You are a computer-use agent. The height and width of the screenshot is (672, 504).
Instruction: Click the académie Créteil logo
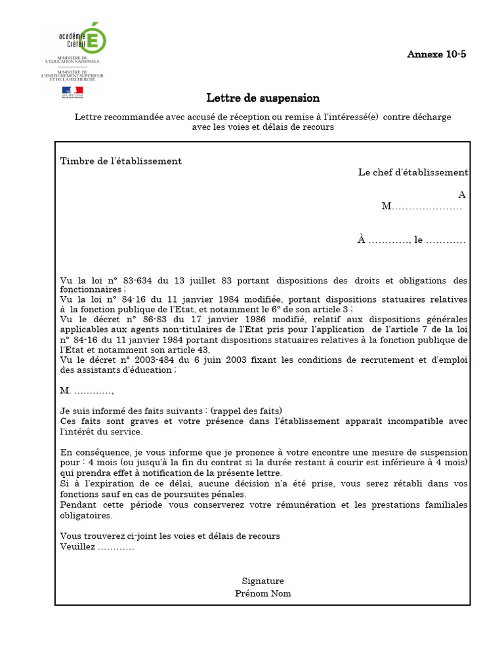pyautogui.click(x=82, y=38)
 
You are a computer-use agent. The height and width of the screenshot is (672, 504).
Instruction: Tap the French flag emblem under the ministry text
pyautogui.click(x=72, y=91)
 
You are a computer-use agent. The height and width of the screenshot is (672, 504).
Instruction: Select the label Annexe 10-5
pyautogui.click(x=436, y=54)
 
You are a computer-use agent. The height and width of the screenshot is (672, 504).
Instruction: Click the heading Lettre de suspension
pyautogui.click(x=262, y=98)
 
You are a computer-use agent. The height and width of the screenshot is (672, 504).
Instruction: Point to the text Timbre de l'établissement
pyautogui.click(x=121, y=161)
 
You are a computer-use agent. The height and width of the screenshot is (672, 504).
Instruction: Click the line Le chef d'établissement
pyautogui.click(x=413, y=173)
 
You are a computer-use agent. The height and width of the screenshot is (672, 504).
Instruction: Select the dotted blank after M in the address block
pyautogui.click(x=427, y=207)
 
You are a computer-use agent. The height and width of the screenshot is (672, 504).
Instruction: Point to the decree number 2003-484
pyautogui.click(x=152, y=360)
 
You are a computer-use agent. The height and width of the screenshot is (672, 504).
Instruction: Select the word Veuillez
pyautogui.click(x=77, y=547)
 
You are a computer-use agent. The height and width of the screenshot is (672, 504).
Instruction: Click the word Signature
pyautogui.click(x=262, y=581)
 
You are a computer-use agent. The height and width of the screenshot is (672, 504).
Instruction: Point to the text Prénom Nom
pyautogui.click(x=262, y=593)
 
